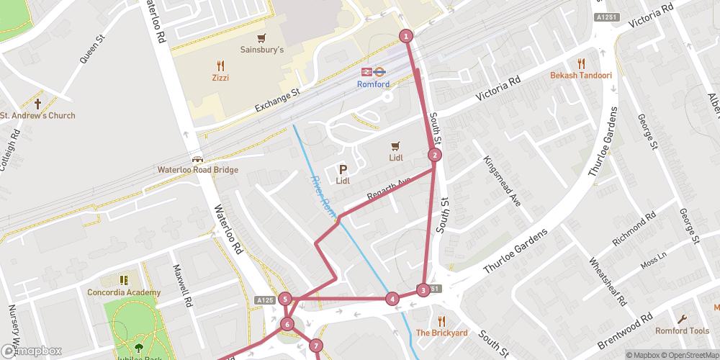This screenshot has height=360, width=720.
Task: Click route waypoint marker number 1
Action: point(406,36)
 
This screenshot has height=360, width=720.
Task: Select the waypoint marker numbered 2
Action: point(434,155)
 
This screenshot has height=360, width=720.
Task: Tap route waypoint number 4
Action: point(392,299)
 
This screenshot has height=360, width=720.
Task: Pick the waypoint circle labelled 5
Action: point(286,300)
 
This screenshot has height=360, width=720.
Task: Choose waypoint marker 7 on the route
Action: point(316,346)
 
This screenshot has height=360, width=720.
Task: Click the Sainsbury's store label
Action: point(262,50)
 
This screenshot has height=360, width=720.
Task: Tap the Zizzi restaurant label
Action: point(220,77)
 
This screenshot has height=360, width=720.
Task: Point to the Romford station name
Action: point(373,84)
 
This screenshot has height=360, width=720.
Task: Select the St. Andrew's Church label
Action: point(37,115)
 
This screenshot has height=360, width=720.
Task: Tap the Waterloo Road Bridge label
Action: point(197,171)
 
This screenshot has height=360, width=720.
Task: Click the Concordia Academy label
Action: point(124,292)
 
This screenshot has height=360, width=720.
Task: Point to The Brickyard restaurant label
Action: point(441,333)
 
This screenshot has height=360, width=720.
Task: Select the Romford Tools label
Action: point(682,331)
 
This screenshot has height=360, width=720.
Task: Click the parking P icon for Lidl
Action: point(343,170)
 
